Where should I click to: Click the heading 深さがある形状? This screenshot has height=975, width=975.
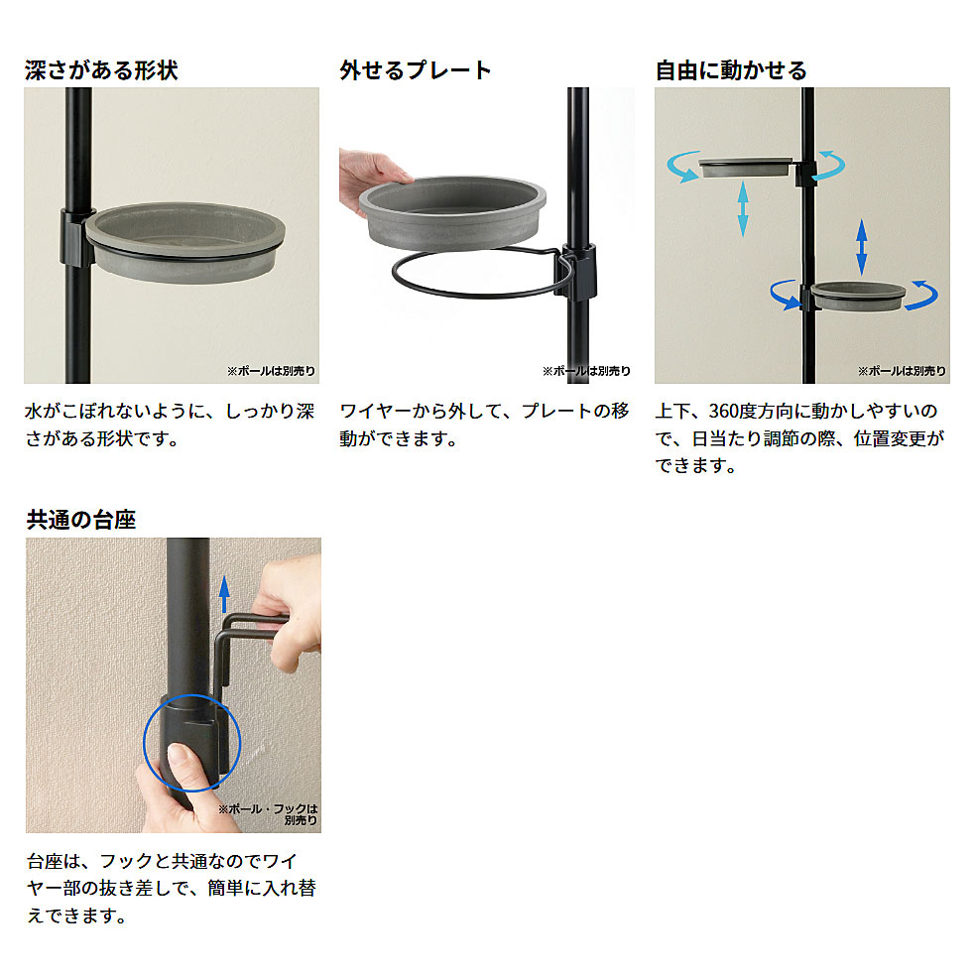tap(101, 70)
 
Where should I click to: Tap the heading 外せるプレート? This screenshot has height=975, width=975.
tap(416, 70)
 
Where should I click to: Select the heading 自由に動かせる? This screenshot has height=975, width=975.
tap(731, 70)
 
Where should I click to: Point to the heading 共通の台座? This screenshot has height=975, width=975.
tap(80, 519)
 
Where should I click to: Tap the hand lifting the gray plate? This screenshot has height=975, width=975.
tap(372, 181)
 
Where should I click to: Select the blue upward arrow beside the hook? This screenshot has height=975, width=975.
tap(224, 594)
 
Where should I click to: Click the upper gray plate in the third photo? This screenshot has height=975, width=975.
tap(745, 167)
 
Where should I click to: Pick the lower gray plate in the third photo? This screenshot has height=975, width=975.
tap(858, 296)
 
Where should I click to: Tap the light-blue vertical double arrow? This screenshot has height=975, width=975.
tap(743, 208)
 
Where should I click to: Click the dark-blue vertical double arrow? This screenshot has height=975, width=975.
tap(861, 247)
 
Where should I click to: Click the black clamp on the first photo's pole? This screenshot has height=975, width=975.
tap(77, 237)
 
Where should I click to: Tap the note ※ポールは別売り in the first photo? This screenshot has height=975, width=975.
tap(271, 371)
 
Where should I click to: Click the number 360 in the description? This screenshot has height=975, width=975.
tap(725, 411)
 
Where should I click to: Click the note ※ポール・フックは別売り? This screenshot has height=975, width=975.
tap(269, 814)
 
